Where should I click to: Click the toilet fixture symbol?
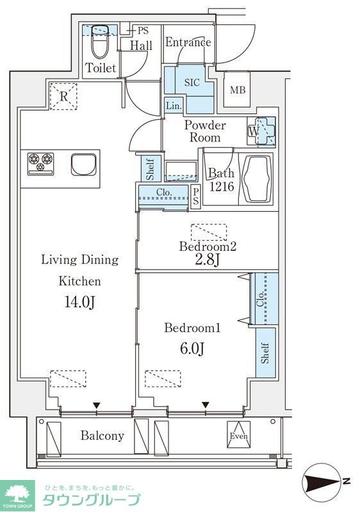[x=99, y=41]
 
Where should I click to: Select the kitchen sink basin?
[x=84, y=165]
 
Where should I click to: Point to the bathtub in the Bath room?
[x=256, y=179]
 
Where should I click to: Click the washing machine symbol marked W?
[x=261, y=131]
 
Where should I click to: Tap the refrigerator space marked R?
[x=63, y=97]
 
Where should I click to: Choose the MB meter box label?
[x=238, y=90]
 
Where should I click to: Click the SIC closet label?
[x=192, y=83]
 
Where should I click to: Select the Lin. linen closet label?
[x=174, y=106]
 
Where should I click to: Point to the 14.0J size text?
[x=79, y=302]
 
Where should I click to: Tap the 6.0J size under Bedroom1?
[x=192, y=349]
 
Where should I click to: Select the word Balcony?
[x=102, y=435]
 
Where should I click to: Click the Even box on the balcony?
[x=239, y=435]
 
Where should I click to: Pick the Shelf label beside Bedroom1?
[x=265, y=353]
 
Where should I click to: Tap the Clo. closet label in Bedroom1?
[x=260, y=299]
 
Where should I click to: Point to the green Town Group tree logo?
[x=18, y=493]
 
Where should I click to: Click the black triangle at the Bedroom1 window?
[x=205, y=405]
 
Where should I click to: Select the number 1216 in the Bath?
[x=222, y=186]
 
